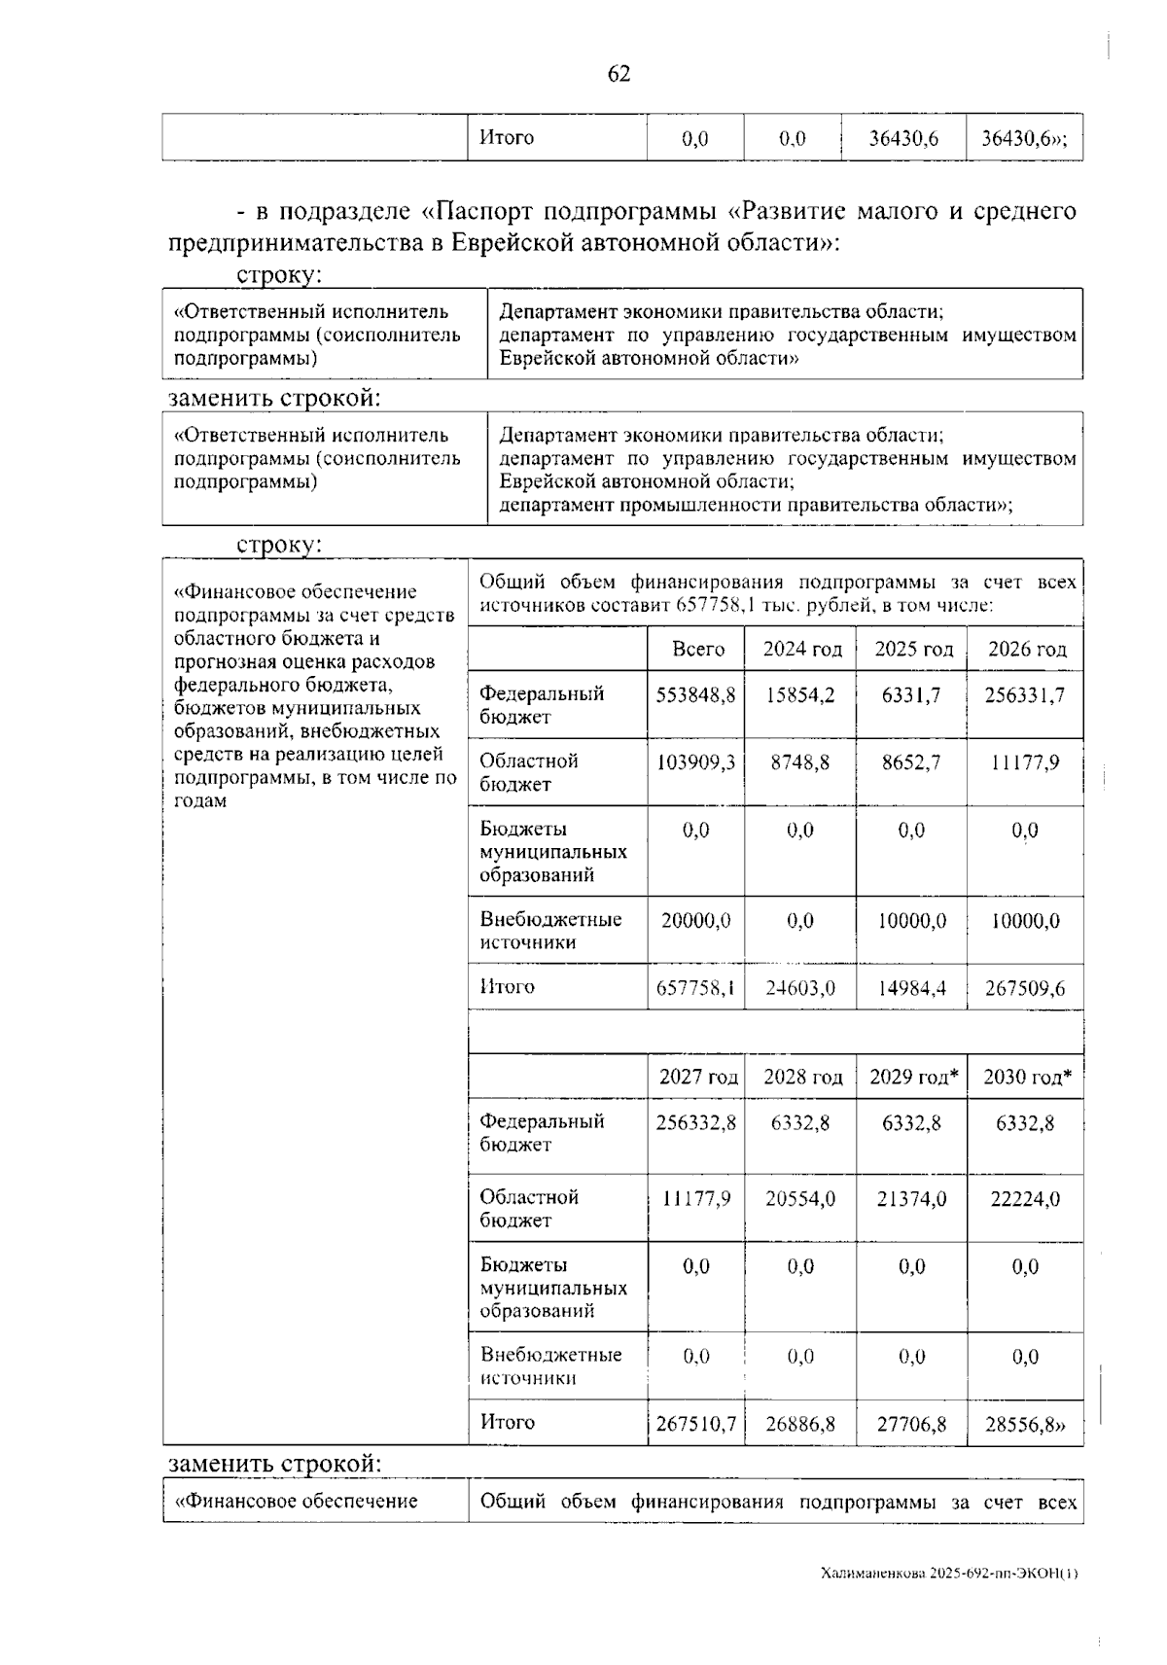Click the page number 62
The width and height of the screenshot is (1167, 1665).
point(619,74)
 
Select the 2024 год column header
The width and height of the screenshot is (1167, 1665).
point(801,650)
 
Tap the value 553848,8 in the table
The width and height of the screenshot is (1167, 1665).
point(697,695)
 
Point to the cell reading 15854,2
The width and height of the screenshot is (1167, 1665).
point(801,695)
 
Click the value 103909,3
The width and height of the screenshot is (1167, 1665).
point(697,762)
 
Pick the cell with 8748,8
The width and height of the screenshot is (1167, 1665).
point(801,762)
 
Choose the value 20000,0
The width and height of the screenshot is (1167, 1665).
point(696,920)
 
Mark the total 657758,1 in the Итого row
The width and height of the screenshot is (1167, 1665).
point(696,988)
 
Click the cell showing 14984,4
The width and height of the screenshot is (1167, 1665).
point(911,988)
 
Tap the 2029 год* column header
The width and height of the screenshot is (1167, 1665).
point(913,1077)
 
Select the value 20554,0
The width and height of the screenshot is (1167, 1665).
point(800,1199)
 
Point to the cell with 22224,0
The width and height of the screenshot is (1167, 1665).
point(1025,1199)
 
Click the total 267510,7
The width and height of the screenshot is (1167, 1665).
point(696,1424)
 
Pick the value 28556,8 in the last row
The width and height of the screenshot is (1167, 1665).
point(1025,1424)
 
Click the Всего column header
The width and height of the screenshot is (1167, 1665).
point(698,650)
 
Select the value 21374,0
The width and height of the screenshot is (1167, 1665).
point(911,1199)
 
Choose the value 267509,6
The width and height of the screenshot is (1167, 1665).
point(1025,988)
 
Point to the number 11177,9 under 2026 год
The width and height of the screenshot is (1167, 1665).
point(1025,762)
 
